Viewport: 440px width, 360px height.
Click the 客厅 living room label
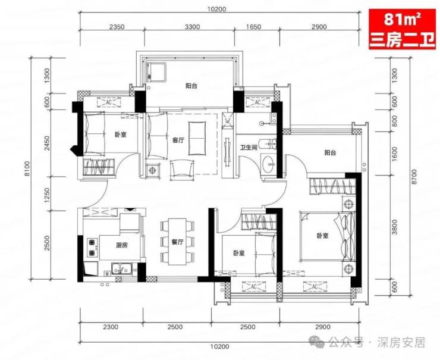(x=178, y=140)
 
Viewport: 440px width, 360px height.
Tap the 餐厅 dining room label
(x=177, y=242)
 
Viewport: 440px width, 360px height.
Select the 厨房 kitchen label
(x=121, y=245)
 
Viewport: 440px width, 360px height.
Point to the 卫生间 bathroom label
(x=249, y=147)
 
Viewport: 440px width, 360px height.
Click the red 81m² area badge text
(x=402, y=20)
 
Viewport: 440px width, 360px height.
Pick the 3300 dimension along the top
(x=192, y=27)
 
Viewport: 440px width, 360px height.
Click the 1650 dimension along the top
(x=253, y=27)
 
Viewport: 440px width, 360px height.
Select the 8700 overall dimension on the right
(x=415, y=177)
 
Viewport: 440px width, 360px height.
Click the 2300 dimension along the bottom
(x=111, y=327)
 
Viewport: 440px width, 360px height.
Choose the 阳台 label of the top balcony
(x=191, y=86)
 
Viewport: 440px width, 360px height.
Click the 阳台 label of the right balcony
(x=330, y=153)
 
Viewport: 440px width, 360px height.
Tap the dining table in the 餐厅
(x=177, y=242)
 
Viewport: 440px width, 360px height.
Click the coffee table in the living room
(x=197, y=138)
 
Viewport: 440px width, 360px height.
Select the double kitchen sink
(x=121, y=269)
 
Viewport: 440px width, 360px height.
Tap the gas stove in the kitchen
(x=92, y=248)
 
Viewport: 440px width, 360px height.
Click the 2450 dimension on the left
(x=47, y=143)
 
